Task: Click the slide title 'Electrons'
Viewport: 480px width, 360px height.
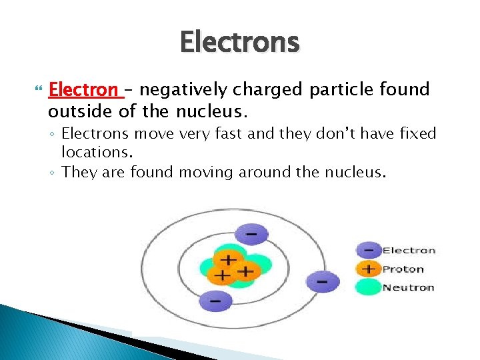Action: [240, 42]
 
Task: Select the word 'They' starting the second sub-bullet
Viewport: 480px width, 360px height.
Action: [79, 173]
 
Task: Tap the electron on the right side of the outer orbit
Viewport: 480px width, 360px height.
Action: [322, 281]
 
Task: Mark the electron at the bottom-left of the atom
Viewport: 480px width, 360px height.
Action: [215, 300]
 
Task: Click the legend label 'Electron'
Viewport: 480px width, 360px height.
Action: [409, 251]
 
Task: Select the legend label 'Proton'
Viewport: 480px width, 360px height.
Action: [403, 269]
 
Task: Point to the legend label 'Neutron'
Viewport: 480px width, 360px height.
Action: [408, 288]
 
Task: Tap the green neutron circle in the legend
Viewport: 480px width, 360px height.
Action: [367, 287]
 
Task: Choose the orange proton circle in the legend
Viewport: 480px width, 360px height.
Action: [367, 269]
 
